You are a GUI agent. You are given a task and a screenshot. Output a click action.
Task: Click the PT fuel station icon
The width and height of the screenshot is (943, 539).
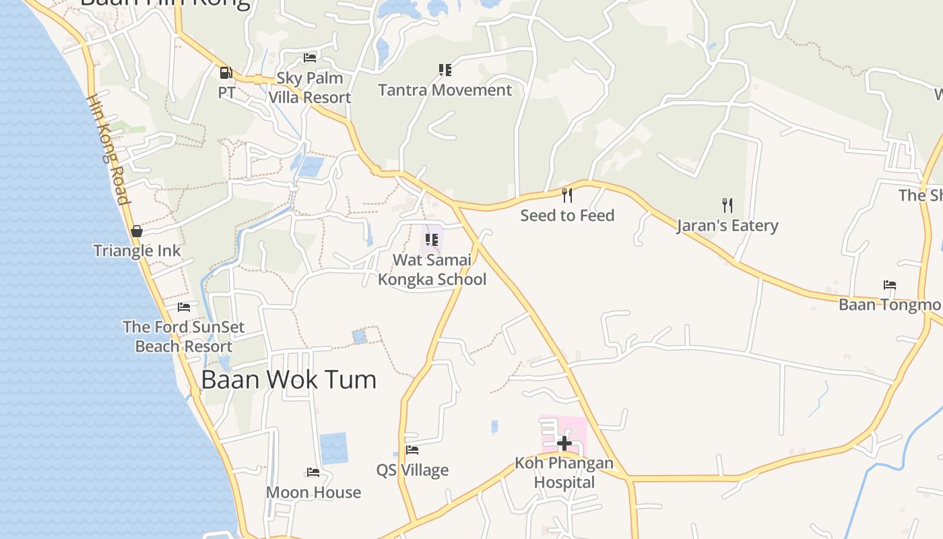click(x=226, y=73)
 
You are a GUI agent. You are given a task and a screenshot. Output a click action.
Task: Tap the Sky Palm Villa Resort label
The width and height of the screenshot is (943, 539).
click(x=310, y=88)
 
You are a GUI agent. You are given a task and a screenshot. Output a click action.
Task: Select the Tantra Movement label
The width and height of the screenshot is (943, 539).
click(x=445, y=90)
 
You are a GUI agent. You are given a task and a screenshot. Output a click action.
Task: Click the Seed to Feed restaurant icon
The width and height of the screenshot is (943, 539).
click(x=567, y=195)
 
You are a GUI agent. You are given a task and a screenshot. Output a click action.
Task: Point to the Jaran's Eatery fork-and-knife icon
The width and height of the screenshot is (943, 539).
click(x=727, y=205)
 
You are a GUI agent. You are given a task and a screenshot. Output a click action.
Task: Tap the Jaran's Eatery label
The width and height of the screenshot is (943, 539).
click(x=727, y=226)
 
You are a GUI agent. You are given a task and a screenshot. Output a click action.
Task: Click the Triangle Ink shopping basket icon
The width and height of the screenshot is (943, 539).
click(x=137, y=231)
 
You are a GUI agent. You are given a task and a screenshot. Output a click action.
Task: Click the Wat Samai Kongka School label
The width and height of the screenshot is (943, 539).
click(x=432, y=269)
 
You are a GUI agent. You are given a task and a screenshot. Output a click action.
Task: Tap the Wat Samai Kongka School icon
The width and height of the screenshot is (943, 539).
click(x=432, y=239)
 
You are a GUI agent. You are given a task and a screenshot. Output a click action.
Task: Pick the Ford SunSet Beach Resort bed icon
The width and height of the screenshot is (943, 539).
click(x=184, y=307)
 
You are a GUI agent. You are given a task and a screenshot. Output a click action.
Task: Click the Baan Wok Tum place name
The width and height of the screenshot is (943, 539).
click(x=289, y=380)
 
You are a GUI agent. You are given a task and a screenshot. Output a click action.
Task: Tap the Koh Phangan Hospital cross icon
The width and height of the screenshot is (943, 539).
click(x=564, y=443)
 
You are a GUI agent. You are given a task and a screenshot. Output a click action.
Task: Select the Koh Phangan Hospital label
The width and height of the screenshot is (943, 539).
click(x=564, y=473)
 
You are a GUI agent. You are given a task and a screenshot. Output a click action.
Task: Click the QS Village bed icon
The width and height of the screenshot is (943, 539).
click(x=412, y=450)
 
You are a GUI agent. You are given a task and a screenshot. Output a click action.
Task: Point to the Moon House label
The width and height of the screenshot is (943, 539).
click(x=313, y=493)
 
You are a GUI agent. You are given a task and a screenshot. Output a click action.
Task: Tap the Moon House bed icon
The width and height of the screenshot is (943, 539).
click(x=313, y=472)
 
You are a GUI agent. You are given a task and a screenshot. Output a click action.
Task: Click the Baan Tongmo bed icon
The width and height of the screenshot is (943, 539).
click(x=890, y=285)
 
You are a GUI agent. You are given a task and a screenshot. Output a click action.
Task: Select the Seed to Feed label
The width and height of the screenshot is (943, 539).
click(x=567, y=216)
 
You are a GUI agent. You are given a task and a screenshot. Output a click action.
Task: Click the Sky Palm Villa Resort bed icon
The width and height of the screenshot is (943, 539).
click(x=310, y=58)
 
